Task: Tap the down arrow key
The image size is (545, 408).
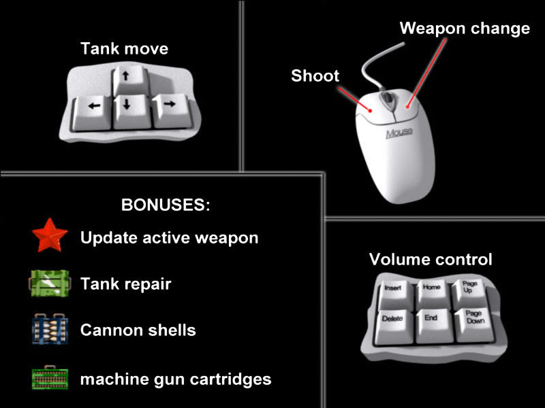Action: click(131, 111)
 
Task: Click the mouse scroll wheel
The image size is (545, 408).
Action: click(387, 101)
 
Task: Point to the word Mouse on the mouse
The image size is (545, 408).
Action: click(399, 133)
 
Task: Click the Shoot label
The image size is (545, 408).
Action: click(315, 75)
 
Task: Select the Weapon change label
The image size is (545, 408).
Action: click(465, 29)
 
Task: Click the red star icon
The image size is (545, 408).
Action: click(50, 235)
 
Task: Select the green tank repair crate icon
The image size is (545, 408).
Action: click(49, 283)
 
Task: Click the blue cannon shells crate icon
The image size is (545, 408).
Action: click(50, 329)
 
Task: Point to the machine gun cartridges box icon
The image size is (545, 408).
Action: click(50, 378)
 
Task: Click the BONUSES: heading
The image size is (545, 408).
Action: click(166, 205)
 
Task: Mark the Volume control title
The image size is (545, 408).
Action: click(431, 259)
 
